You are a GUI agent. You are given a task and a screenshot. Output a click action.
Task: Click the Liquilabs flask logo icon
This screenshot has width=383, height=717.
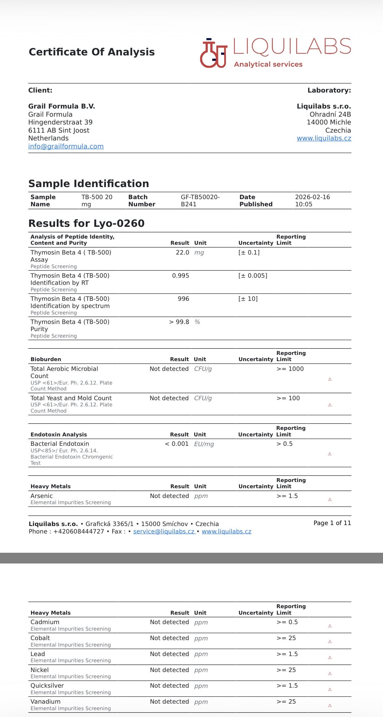(x=214, y=53)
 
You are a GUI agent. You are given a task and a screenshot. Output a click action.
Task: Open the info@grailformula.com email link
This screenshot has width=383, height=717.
(x=66, y=146)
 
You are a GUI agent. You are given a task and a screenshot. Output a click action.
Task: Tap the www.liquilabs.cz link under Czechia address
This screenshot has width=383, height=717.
(x=324, y=138)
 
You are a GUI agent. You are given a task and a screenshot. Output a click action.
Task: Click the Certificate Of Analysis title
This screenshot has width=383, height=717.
(x=92, y=52)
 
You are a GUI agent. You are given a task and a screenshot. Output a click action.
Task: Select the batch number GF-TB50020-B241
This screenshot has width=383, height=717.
(x=200, y=200)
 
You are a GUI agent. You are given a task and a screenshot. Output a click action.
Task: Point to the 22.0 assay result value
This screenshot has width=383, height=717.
(x=182, y=253)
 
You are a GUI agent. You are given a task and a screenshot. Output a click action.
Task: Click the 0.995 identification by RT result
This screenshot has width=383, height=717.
(x=180, y=276)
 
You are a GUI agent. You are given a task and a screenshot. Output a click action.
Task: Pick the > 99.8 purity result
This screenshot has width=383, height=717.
(x=179, y=322)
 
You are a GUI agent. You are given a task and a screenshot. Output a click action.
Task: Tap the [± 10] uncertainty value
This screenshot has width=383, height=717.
(x=248, y=299)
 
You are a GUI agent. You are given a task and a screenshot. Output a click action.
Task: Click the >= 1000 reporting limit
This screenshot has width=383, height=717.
(x=290, y=369)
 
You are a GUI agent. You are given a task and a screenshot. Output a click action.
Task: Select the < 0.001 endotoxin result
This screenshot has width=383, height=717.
(x=176, y=444)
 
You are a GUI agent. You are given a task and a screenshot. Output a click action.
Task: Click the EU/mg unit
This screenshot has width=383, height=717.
(x=204, y=444)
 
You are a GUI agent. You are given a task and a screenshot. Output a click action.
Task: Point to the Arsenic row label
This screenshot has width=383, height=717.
(x=41, y=496)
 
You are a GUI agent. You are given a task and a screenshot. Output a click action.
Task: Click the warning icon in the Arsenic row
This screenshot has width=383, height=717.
(x=330, y=500)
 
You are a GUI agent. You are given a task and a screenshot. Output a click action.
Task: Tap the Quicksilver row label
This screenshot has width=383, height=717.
(x=47, y=686)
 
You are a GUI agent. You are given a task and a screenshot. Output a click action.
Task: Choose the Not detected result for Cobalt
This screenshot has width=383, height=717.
(x=169, y=638)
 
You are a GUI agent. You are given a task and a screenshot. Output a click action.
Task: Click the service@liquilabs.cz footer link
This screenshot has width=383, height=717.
(x=164, y=532)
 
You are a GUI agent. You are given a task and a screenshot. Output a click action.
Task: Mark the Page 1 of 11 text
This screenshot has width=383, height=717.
(x=332, y=523)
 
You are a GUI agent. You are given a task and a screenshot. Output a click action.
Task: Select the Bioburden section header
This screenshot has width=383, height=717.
(x=46, y=359)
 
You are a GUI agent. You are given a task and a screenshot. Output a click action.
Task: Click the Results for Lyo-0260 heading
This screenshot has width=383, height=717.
(x=86, y=223)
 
